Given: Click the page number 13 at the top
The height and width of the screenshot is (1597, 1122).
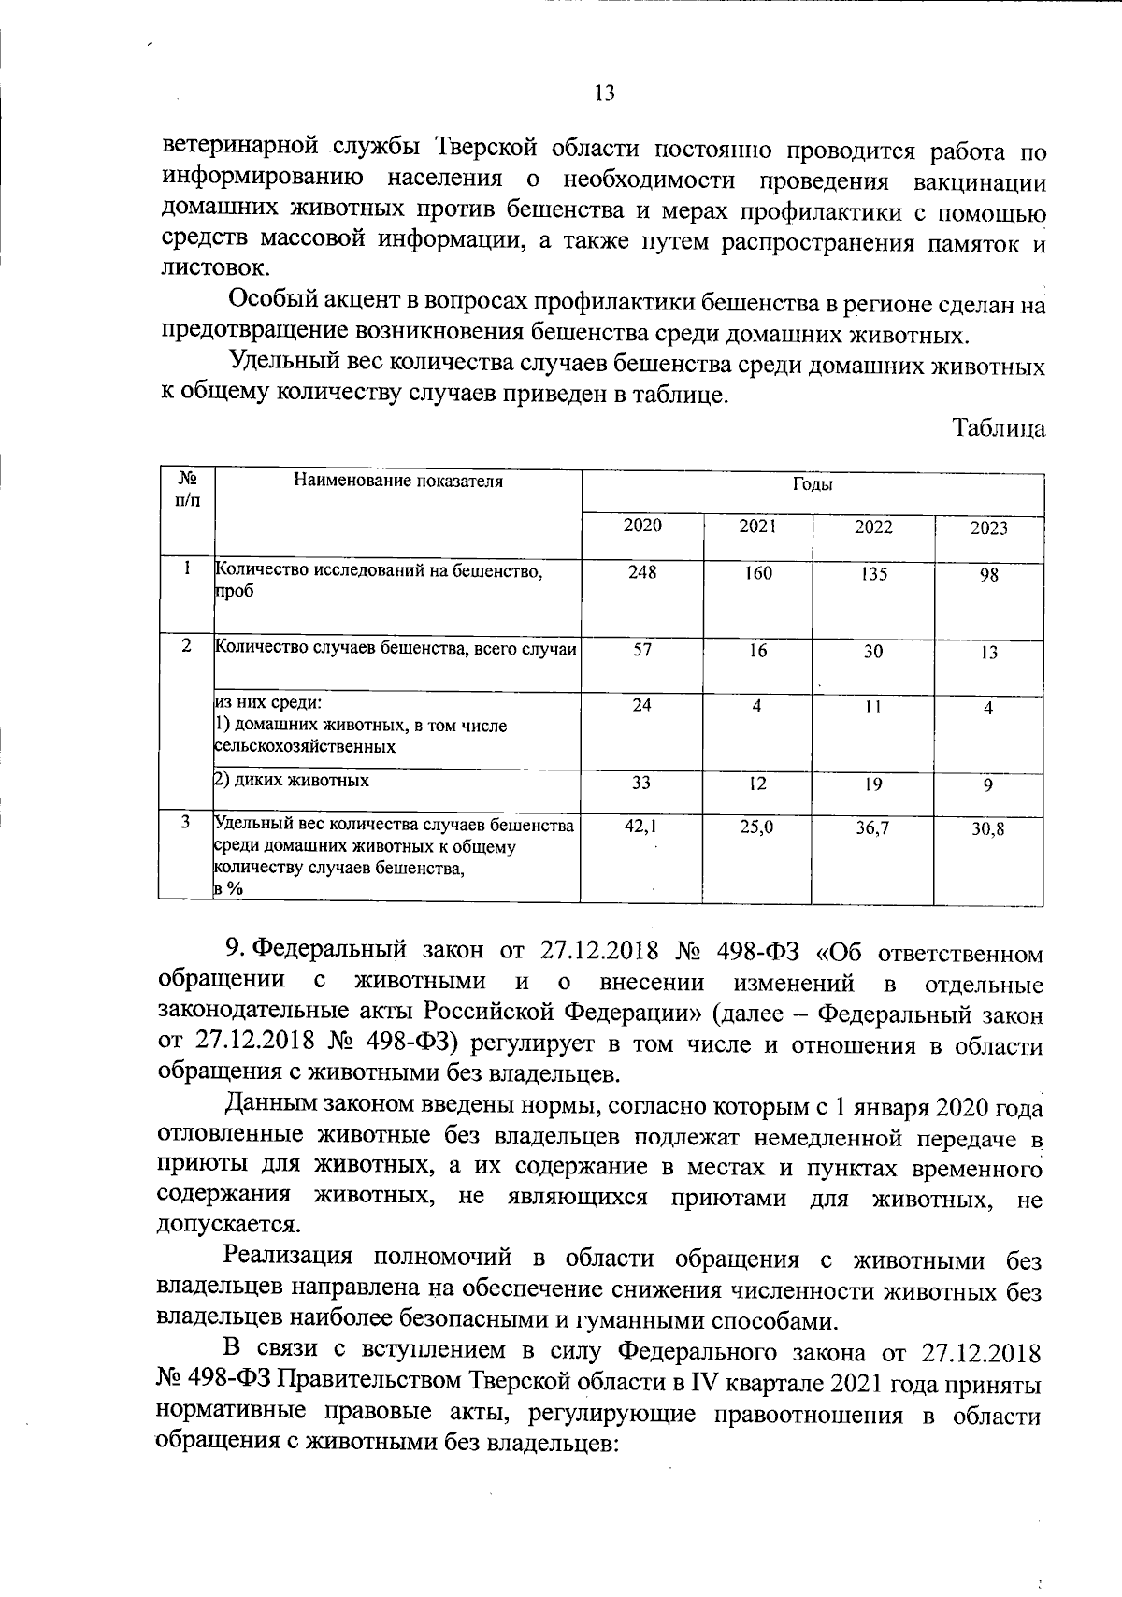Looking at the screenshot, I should [x=604, y=93].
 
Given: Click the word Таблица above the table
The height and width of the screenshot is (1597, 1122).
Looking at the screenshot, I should [x=998, y=428].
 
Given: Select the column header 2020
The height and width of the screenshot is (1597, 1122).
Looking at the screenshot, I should [x=642, y=525].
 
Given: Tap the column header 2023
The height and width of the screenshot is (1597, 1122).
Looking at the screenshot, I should [x=988, y=528].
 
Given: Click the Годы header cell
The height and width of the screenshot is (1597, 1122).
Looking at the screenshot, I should [x=812, y=484].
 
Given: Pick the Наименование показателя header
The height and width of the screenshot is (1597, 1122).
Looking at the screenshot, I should [x=398, y=482].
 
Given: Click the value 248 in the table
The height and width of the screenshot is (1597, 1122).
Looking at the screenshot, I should [x=642, y=572].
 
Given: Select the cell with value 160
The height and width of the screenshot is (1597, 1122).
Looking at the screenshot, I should [x=757, y=573].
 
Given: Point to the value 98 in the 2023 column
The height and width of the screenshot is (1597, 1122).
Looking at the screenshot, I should [x=988, y=576].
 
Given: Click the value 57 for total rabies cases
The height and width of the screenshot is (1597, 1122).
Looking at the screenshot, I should [x=642, y=650].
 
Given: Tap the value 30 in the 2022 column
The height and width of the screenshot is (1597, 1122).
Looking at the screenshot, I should [x=872, y=652].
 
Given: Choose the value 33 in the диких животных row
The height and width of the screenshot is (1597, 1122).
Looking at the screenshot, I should [x=640, y=783].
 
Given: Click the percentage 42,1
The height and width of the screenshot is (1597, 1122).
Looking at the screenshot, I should [x=640, y=826].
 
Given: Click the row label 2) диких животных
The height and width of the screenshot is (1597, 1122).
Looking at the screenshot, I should [x=292, y=780].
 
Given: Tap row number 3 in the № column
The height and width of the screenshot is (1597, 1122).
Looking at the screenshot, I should [x=187, y=821].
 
